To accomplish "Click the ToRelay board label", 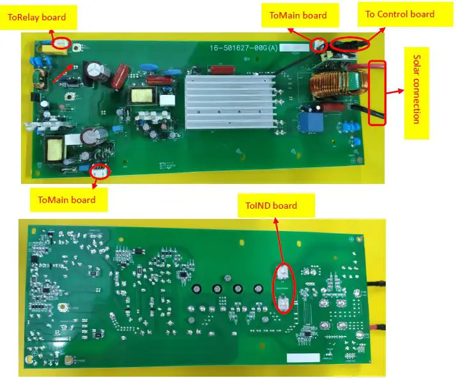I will (x=36, y=17).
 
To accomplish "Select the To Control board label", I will (x=399, y=14).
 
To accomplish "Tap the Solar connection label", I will (x=416, y=92).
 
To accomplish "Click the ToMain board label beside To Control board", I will (x=297, y=15).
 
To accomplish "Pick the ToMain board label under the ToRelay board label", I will (x=66, y=200).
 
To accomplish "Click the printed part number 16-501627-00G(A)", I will (x=244, y=48).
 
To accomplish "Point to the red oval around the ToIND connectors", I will (x=284, y=288).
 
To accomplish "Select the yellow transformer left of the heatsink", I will (x=142, y=97).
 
